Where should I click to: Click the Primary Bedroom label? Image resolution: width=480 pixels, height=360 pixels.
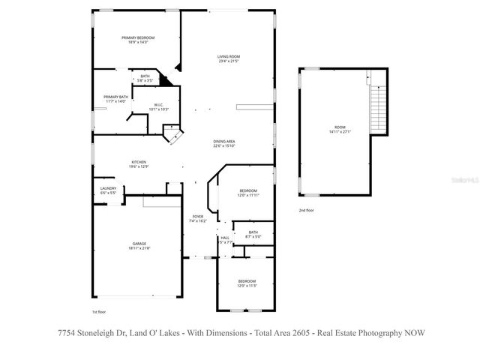[139, 37]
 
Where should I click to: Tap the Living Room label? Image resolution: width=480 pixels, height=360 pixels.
[228, 57]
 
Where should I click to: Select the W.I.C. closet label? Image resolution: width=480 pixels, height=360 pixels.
[159, 104]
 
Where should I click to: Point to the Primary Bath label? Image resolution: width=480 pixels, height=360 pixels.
[115, 97]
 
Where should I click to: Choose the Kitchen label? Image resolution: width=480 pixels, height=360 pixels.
[138, 162]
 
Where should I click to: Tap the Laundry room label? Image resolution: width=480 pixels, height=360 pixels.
[107, 188]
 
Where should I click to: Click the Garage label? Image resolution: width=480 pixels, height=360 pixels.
[139, 244]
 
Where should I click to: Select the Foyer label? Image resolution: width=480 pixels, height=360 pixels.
[196, 217]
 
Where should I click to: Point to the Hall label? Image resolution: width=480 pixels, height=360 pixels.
[225, 238]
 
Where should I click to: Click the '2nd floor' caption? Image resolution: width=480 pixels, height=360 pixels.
[306, 211]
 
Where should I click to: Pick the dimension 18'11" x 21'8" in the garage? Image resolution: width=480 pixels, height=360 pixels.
[139, 248]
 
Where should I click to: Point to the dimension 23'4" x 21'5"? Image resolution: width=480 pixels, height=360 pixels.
[228, 61]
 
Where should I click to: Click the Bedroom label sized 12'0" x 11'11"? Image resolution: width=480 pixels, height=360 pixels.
[247, 190]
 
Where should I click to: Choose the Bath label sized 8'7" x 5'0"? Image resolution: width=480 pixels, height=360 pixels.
[253, 232]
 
